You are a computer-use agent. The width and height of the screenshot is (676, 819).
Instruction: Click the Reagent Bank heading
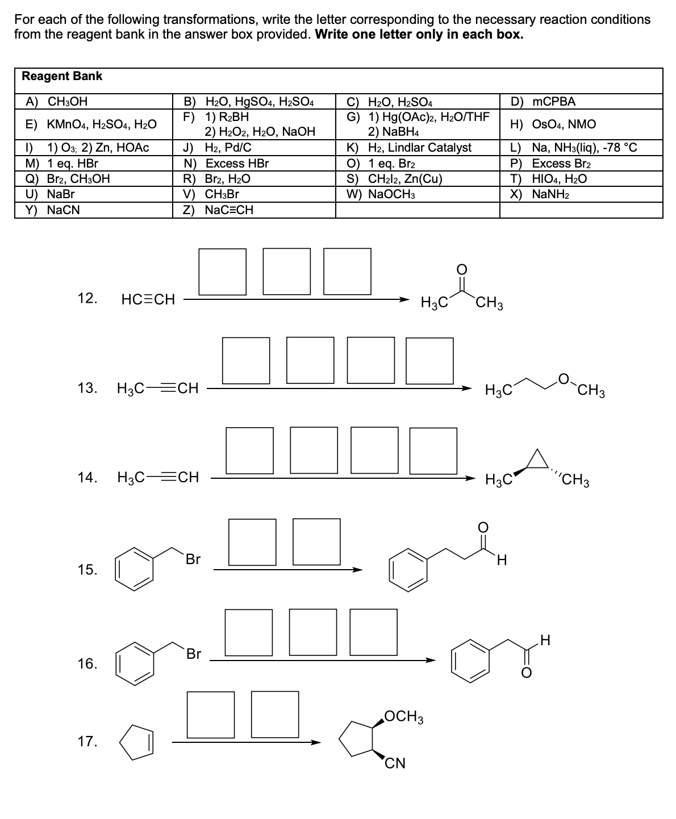click(x=62, y=76)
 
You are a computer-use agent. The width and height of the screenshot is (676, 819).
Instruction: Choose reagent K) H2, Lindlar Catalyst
click(x=409, y=148)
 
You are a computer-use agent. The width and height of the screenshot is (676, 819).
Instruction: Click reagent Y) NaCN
click(x=53, y=210)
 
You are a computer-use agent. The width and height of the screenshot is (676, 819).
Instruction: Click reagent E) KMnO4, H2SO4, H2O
click(x=91, y=124)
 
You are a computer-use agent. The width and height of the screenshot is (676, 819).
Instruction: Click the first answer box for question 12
click(x=223, y=271)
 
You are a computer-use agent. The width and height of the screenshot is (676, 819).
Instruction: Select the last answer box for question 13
click(x=430, y=360)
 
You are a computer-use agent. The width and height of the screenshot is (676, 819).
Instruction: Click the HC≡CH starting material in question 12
click(x=148, y=299)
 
